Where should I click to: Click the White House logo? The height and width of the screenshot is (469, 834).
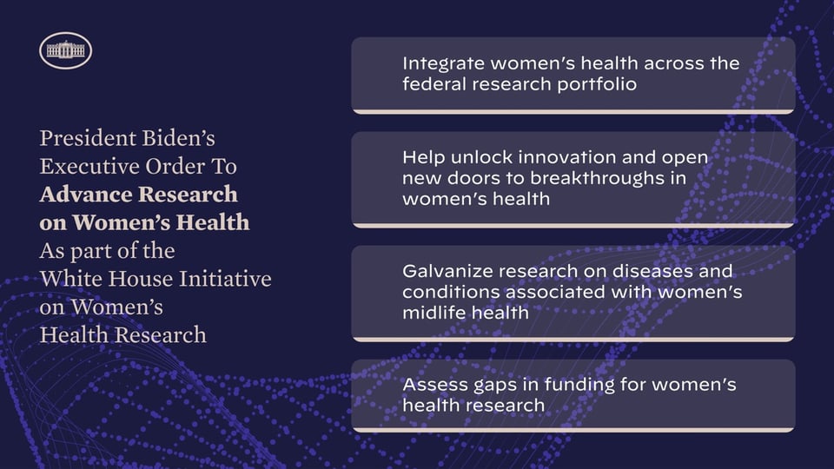(65, 50)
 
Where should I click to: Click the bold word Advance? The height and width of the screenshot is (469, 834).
(75, 195)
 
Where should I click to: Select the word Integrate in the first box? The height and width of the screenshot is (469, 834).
(444, 64)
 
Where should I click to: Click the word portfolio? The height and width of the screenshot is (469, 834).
(597, 84)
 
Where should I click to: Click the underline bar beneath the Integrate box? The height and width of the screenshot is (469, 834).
(573, 112)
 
